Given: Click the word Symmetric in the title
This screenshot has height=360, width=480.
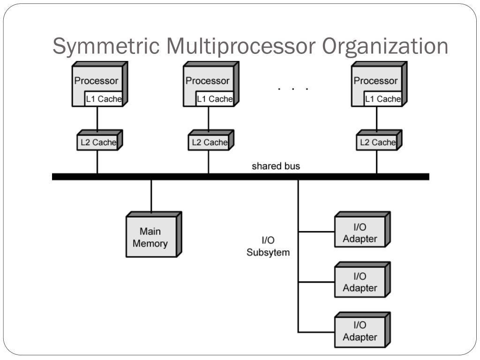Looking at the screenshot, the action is pyautogui.click(x=106, y=46).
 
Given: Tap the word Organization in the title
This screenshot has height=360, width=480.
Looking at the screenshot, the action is pyautogui.click(x=385, y=46).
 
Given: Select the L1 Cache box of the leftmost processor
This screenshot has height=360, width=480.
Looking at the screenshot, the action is pyautogui.click(x=104, y=98).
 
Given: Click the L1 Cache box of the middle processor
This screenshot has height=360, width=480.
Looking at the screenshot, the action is pyautogui.click(x=215, y=98).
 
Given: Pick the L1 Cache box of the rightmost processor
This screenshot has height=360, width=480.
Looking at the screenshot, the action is pyautogui.click(x=382, y=98).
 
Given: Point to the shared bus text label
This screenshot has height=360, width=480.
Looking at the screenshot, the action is pyautogui.click(x=276, y=166).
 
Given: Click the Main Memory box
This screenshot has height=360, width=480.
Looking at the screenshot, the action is pyautogui.click(x=154, y=234).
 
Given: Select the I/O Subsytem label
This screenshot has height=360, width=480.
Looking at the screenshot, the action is pyautogui.click(x=268, y=246).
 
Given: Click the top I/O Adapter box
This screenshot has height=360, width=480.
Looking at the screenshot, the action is pyautogui.click(x=362, y=229).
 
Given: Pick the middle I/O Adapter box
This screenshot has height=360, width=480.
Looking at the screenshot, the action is pyautogui.click(x=362, y=279).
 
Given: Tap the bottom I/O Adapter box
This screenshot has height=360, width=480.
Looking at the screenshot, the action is pyautogui.click(x=362, y=330).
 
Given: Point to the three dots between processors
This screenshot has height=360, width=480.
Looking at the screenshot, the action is pyautogui.click(x=293, y=89).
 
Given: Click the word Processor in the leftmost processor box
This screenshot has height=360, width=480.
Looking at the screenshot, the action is pyautogui.click(x=96, y=81).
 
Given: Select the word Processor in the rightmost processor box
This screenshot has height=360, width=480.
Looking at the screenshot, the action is pyautogui.click(x=375, y=81).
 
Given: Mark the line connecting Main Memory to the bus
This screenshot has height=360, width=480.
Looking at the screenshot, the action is pyautogui.click(x=151, y=195).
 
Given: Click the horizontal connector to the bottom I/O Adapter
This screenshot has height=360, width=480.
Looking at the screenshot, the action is pyautogui.click(x=316, y=332).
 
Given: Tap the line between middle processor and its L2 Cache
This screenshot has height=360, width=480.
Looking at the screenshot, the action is pyautogui.click(x=209, y=119).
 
